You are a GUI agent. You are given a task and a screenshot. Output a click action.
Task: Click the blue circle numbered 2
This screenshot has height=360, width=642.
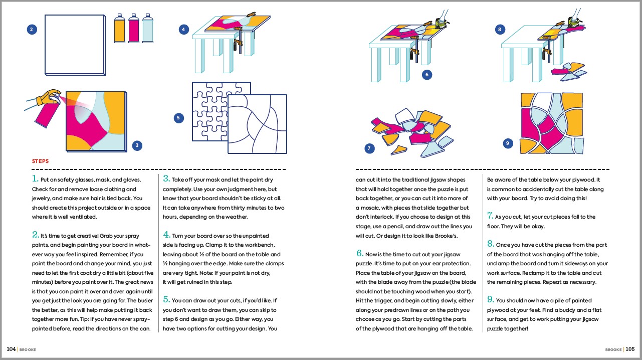tap(32, 30)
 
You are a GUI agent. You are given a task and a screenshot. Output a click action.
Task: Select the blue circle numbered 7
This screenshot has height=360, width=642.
tap(369, 148)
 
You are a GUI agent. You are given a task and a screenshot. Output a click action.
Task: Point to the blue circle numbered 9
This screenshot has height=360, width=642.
tap(508, 143)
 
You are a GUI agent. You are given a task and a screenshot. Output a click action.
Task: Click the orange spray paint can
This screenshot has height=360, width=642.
tap(120, 28)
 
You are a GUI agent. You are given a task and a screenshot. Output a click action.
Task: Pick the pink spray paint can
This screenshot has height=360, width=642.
tap(134, 28)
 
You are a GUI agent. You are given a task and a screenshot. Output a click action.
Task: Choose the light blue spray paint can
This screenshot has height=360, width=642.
tap(148, 28)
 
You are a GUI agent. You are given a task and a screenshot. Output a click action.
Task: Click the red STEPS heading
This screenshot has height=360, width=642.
tap(40, 161)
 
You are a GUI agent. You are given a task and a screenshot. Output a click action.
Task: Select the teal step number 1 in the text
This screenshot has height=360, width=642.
tap(35, 178)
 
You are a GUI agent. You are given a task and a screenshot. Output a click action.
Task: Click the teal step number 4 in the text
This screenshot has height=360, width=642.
tap(167, 234)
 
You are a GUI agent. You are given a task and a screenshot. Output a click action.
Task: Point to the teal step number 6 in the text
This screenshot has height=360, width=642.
tap(359, 253)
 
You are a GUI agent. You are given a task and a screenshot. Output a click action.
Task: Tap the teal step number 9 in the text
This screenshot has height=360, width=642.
tap(491, 299)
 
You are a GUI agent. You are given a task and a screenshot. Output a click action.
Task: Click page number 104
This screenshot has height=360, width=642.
tap(11, 349)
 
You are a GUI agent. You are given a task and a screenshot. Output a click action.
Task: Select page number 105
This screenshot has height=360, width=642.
tap(630, 349)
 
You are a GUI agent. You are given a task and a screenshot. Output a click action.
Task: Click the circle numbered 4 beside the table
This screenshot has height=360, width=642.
tap(184, 30)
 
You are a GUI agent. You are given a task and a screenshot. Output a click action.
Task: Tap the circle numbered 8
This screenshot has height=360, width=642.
tap(499, 30)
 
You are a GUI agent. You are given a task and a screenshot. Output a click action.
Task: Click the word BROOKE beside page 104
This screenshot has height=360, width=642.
tap(28, 349)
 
